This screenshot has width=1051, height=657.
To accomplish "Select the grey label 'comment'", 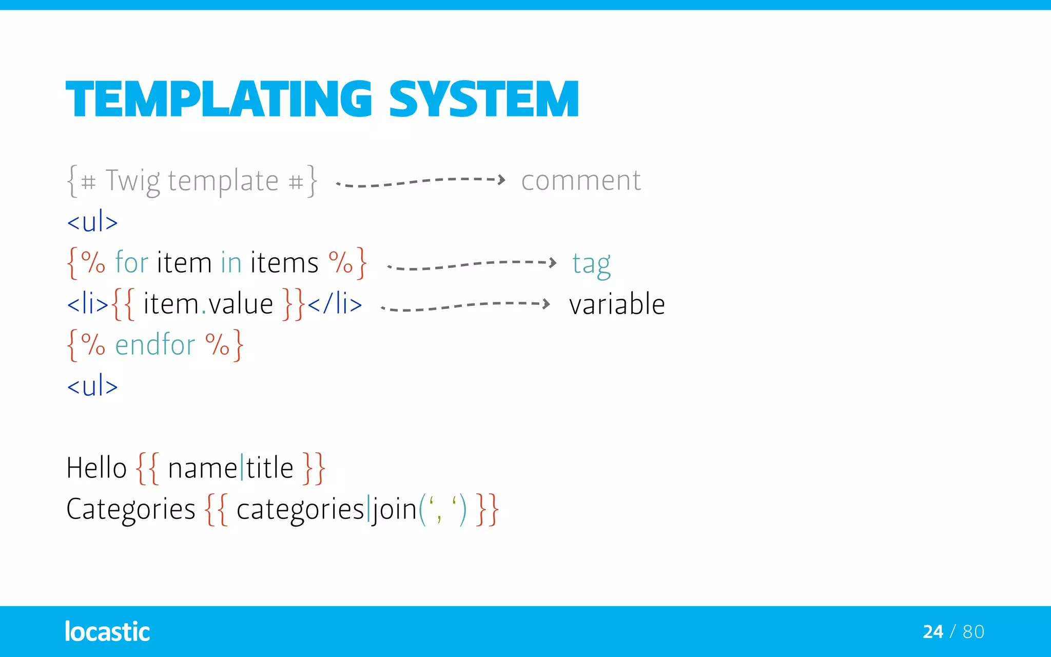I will click(x=581, y=181).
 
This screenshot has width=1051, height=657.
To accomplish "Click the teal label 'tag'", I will click(x=591, y=264).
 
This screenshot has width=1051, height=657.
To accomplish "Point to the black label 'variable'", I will click(x=617, y=304).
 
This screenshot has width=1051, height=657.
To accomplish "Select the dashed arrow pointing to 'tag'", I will click(x=471, y=264).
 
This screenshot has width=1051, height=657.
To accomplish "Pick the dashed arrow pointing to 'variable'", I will click(x=465, y=306).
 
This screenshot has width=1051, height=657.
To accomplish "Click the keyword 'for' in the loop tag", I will click(x=131, y=262).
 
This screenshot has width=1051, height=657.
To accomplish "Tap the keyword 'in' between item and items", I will click(x=231, y=262).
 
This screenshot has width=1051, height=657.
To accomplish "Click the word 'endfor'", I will click(x=155, y=344).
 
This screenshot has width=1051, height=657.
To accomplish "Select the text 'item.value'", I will click(x=208, y=304).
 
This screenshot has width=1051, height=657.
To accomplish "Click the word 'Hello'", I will click(x=96, y=468).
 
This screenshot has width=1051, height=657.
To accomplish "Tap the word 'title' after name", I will click(x=269, y=468).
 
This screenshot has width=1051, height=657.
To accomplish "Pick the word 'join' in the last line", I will click(x=395, y=510).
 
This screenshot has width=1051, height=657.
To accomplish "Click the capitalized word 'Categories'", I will click(x=131, y=510).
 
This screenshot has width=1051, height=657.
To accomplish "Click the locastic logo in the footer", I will click(x=107, y=631).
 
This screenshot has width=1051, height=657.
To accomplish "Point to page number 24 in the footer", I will click(x=932, y=631).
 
